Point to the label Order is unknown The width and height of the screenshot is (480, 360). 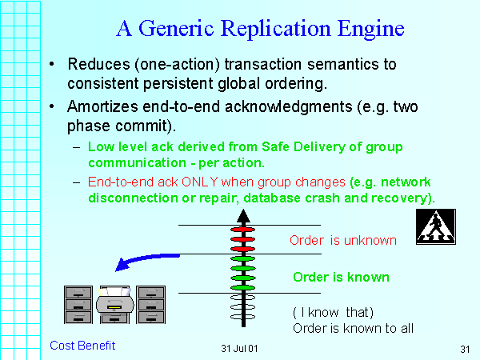(x=343, y=240)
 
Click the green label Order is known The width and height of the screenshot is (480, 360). (x=341, y=277)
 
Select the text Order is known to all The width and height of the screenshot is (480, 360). (x=353, y=327)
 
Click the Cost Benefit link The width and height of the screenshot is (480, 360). (x=82, y=346)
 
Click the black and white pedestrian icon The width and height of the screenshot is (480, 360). (x=435, y=228)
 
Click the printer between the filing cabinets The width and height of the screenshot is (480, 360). (x=114, y=303)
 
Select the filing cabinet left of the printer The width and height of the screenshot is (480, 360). (x=78, y=304)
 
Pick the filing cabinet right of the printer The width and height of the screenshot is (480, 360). (x=151, y=304)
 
